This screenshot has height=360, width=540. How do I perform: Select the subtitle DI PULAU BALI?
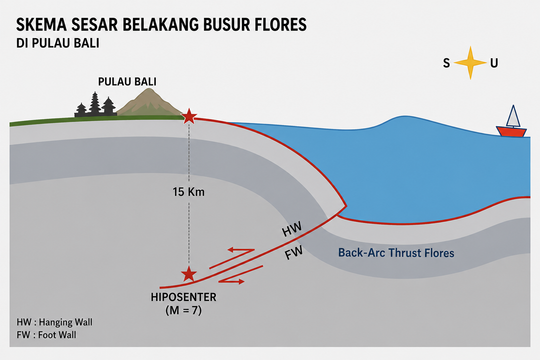(58, 43)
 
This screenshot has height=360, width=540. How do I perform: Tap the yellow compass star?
(470, 63)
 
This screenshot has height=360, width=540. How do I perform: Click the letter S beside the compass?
(446, 63)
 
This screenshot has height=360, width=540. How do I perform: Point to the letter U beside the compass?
(494, 63)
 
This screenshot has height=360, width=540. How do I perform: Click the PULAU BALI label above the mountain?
(127, 82)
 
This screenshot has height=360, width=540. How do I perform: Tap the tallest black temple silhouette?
(95, 103)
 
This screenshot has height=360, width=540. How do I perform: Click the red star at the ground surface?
(189, 116)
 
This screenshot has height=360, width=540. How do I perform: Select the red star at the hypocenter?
(189, 274)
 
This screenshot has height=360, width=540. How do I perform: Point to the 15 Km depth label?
(188, 192)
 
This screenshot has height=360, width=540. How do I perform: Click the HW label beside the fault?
(292, 229)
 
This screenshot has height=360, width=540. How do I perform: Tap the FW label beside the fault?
(294, 253)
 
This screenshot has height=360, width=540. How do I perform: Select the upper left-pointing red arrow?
(232, 258)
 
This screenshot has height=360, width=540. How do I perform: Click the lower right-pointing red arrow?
(241, 275)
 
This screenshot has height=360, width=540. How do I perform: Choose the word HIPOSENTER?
(183, 297)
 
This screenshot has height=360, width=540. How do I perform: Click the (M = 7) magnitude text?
(183, 310)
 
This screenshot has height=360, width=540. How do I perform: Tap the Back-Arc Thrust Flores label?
(396, 253)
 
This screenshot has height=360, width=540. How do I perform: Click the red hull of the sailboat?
(511, 132)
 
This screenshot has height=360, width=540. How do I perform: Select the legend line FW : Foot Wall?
(46, 335)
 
